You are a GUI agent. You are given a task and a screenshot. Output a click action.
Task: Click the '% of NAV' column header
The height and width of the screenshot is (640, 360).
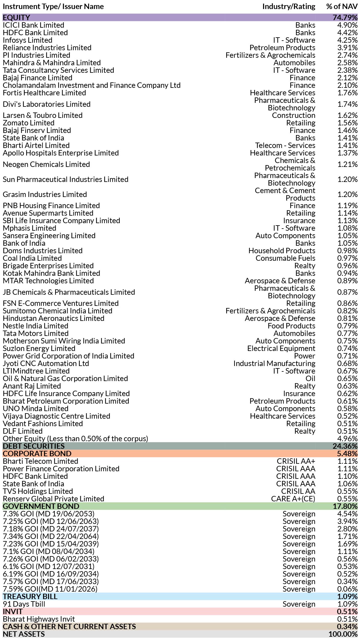342,6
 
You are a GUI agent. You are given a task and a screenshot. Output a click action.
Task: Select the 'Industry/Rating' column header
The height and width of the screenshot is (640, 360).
289,6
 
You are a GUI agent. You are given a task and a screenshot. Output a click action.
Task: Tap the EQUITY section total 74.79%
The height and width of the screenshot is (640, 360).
345,17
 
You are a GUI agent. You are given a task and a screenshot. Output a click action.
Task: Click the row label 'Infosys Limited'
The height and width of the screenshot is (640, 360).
27,40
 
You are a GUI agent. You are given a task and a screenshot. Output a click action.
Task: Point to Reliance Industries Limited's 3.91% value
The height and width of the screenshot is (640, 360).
347,48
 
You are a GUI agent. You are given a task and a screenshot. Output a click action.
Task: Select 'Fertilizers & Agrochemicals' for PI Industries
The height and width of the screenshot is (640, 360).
270,55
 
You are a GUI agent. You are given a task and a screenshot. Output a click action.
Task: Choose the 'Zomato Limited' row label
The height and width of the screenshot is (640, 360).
29,123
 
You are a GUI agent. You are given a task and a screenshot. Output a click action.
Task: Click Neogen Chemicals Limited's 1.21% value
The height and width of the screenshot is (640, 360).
347,164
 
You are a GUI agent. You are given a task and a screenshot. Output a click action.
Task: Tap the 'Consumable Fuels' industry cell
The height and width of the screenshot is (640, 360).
285,258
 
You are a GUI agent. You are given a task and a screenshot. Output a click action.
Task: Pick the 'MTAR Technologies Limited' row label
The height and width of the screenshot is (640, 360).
48,281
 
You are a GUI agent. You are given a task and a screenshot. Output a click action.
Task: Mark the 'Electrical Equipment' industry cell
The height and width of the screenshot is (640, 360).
281,348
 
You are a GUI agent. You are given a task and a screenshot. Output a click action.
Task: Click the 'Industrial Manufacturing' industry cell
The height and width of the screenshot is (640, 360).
274,363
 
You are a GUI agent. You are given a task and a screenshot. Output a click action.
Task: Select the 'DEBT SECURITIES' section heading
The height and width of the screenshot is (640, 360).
34,446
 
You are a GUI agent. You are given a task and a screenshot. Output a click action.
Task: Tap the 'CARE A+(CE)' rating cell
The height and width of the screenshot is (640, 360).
293,499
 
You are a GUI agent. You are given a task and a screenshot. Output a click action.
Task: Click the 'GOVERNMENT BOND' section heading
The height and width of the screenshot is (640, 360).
41,506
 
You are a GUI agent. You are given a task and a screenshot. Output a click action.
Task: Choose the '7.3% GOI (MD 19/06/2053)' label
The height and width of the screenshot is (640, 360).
48,514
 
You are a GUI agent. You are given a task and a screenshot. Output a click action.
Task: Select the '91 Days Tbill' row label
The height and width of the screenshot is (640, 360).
24,604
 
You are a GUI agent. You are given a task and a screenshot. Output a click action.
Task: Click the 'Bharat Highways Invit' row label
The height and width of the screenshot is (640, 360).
39,619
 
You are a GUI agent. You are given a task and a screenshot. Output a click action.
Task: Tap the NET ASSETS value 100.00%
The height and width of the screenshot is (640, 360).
343,634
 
